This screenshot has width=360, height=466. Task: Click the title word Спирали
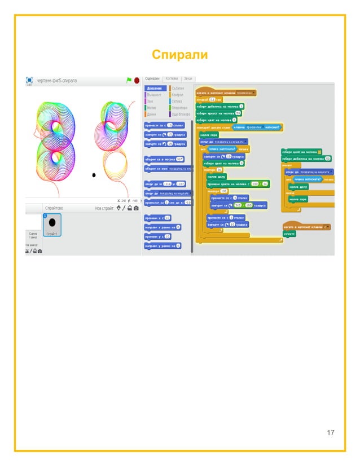tap(180, 55)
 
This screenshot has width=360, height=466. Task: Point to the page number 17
tap(331, 433)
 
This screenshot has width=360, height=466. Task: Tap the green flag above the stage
tap(129, 81)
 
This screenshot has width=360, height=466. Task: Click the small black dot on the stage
tap(94, 175)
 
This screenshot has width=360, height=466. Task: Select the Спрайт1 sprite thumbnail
tap(52, 224)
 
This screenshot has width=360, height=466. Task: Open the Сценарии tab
tap(152, 78)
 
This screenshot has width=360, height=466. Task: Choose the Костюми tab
tap(172, 78)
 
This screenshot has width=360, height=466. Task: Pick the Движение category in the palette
tap(155, 89)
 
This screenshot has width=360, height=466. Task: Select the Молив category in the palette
tap(151, 107)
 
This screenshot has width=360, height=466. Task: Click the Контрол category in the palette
tap(179, 95)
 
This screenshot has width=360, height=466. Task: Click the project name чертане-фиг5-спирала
tap(57, 81)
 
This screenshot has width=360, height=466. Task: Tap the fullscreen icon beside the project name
tap(29, 81)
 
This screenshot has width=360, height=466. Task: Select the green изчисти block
tap(289, 234)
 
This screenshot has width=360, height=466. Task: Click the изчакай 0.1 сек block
tap(208, 99)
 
